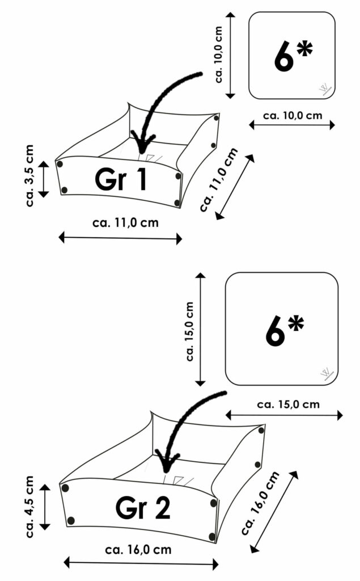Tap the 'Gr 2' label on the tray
(143, 508)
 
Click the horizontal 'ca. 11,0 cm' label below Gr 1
(125, 222)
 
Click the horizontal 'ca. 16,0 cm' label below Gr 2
(138, 549)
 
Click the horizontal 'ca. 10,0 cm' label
(293, 115)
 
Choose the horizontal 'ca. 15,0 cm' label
(288, 405)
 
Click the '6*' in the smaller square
(293, 56)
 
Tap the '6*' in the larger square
(285, 330)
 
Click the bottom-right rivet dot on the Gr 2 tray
(212, 536)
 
